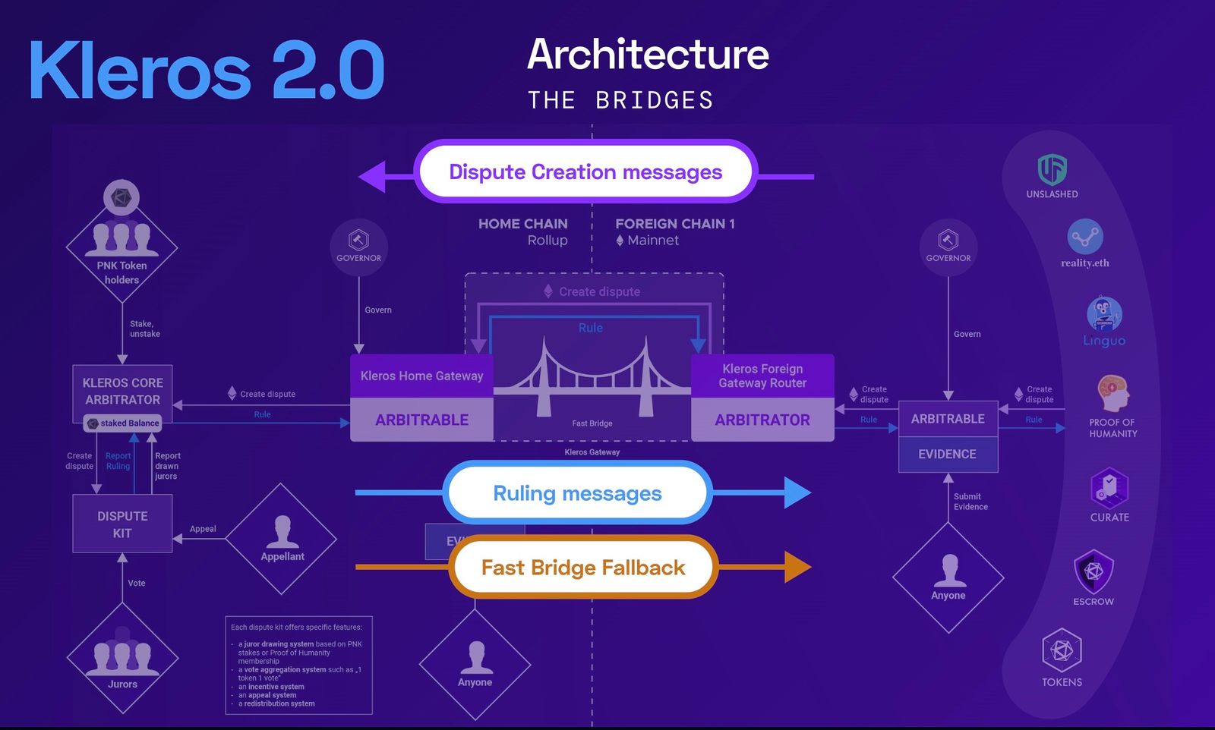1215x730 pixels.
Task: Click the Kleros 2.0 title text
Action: click(207, 70)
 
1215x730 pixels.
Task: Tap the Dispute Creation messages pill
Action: click(585, 171)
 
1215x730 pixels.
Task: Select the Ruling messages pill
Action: click(577, 493)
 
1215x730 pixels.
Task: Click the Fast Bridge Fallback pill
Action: click(583, 568)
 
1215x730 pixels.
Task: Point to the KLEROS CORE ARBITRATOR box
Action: click(122, 391)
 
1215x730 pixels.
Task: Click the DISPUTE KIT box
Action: click(122, 524)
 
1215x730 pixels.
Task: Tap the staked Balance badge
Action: click(123, 423)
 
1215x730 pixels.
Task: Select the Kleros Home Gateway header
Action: click(421, 376)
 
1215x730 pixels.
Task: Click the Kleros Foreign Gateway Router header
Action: click(762, 376)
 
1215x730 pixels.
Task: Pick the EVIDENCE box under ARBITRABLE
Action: click(947, 454)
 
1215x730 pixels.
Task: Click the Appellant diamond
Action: click(282, 539)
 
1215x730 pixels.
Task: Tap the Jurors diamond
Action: click(122, 659)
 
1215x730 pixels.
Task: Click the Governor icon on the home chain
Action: click(358, 241)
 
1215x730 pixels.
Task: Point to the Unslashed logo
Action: click(1052, 169)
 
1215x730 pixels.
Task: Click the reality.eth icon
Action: click(1084, 237)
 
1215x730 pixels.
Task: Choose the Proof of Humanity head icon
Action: click(1112, 393)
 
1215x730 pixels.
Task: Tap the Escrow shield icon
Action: click(1093, 571)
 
